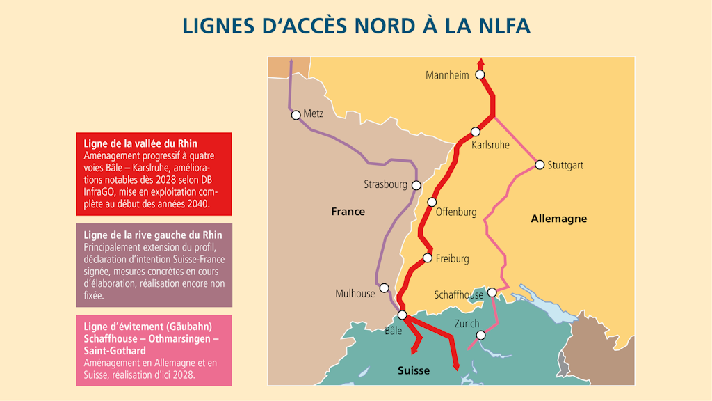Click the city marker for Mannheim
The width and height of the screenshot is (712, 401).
(x=479, y=74)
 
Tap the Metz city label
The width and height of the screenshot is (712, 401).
(x=314, y=114)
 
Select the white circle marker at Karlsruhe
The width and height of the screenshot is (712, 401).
(x=476, y=132)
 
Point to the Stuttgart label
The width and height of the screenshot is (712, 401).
(x=565, y=166)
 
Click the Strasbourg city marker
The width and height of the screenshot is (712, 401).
(x=416, y=185)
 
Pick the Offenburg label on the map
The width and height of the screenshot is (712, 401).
(x=456, y=212)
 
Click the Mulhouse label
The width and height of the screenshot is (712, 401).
(x=355, y=294)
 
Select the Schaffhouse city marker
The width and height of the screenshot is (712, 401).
(x=492, y=292)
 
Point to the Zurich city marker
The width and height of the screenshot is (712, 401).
(x=480, y=335)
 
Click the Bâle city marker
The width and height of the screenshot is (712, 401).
(x=402, y=315)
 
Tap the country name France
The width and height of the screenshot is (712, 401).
(x=348, y=212)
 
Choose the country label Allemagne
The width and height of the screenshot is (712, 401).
(x=558, y=219)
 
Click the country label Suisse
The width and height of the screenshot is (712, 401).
(x=413, y=370)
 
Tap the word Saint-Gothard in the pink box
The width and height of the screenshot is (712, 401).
(x=115, y=350)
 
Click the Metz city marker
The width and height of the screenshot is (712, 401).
(x=296, y=115)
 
